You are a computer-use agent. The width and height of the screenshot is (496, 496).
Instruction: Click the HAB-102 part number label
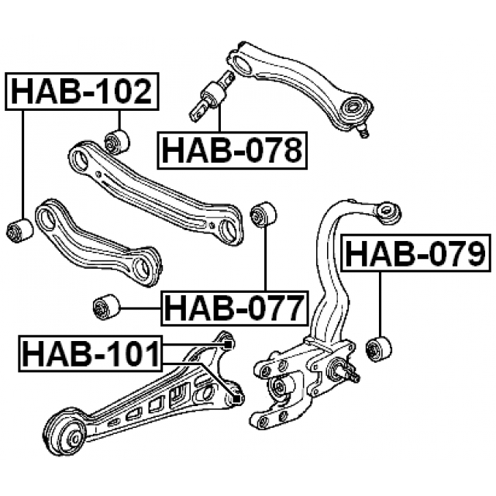(x=81, y=92)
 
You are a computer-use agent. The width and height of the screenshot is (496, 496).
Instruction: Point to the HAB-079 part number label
(x=416, y=253)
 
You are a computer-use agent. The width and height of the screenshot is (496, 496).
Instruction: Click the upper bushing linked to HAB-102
(x=117, y=141)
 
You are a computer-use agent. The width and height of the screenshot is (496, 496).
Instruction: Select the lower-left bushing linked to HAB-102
(x=19, y=229)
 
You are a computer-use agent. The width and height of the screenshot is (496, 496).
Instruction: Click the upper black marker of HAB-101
(x=227, y=343)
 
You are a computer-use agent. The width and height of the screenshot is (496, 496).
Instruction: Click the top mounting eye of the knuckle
(x=388, y=210)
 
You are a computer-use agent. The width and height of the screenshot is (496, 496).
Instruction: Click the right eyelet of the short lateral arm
(x=145, y=267)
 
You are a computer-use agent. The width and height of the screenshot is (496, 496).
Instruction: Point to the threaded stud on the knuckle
(x=348, y=374)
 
